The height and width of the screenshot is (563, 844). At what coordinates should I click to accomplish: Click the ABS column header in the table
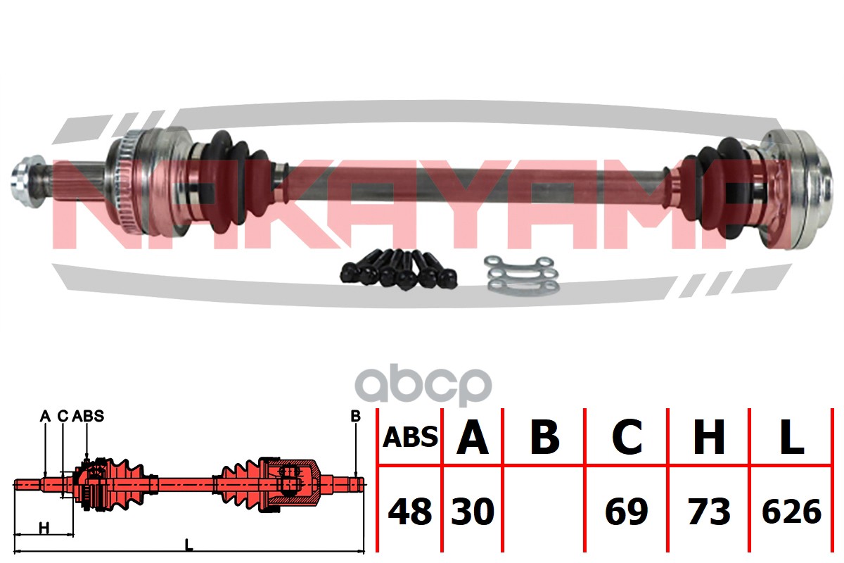(x=410, y=438)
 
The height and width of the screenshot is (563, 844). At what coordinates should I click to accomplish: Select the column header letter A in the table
(x=473, y=438)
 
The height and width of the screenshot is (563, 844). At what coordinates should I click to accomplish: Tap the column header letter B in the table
(x=544, y=438)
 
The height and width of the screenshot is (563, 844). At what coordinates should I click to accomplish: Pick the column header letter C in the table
(x=627, y=438)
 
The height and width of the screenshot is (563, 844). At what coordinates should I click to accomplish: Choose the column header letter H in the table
(x=709, y=438)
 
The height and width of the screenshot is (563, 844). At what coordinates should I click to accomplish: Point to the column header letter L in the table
(x=792, y=438)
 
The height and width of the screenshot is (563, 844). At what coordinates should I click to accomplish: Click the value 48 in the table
(x=410, y=512)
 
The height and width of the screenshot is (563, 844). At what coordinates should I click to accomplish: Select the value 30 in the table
(x=473, y=512)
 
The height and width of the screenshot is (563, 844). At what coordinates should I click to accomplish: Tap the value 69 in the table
(x=627, y=512)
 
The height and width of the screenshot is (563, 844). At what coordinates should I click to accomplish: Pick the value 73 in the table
(x=709, y=512)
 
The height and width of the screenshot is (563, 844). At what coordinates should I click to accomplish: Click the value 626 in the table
(x=792, y=512)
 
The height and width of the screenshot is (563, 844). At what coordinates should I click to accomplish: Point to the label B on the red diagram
(x=355, y=417)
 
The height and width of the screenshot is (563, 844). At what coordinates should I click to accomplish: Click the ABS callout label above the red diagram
(x=88, y=416)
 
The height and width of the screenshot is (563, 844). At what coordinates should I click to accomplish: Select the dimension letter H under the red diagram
(x=44, y=528)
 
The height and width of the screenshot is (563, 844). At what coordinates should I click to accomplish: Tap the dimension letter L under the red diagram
(x=188, y=543)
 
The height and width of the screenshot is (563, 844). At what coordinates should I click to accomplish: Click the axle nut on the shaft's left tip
(x=24, y=178)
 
